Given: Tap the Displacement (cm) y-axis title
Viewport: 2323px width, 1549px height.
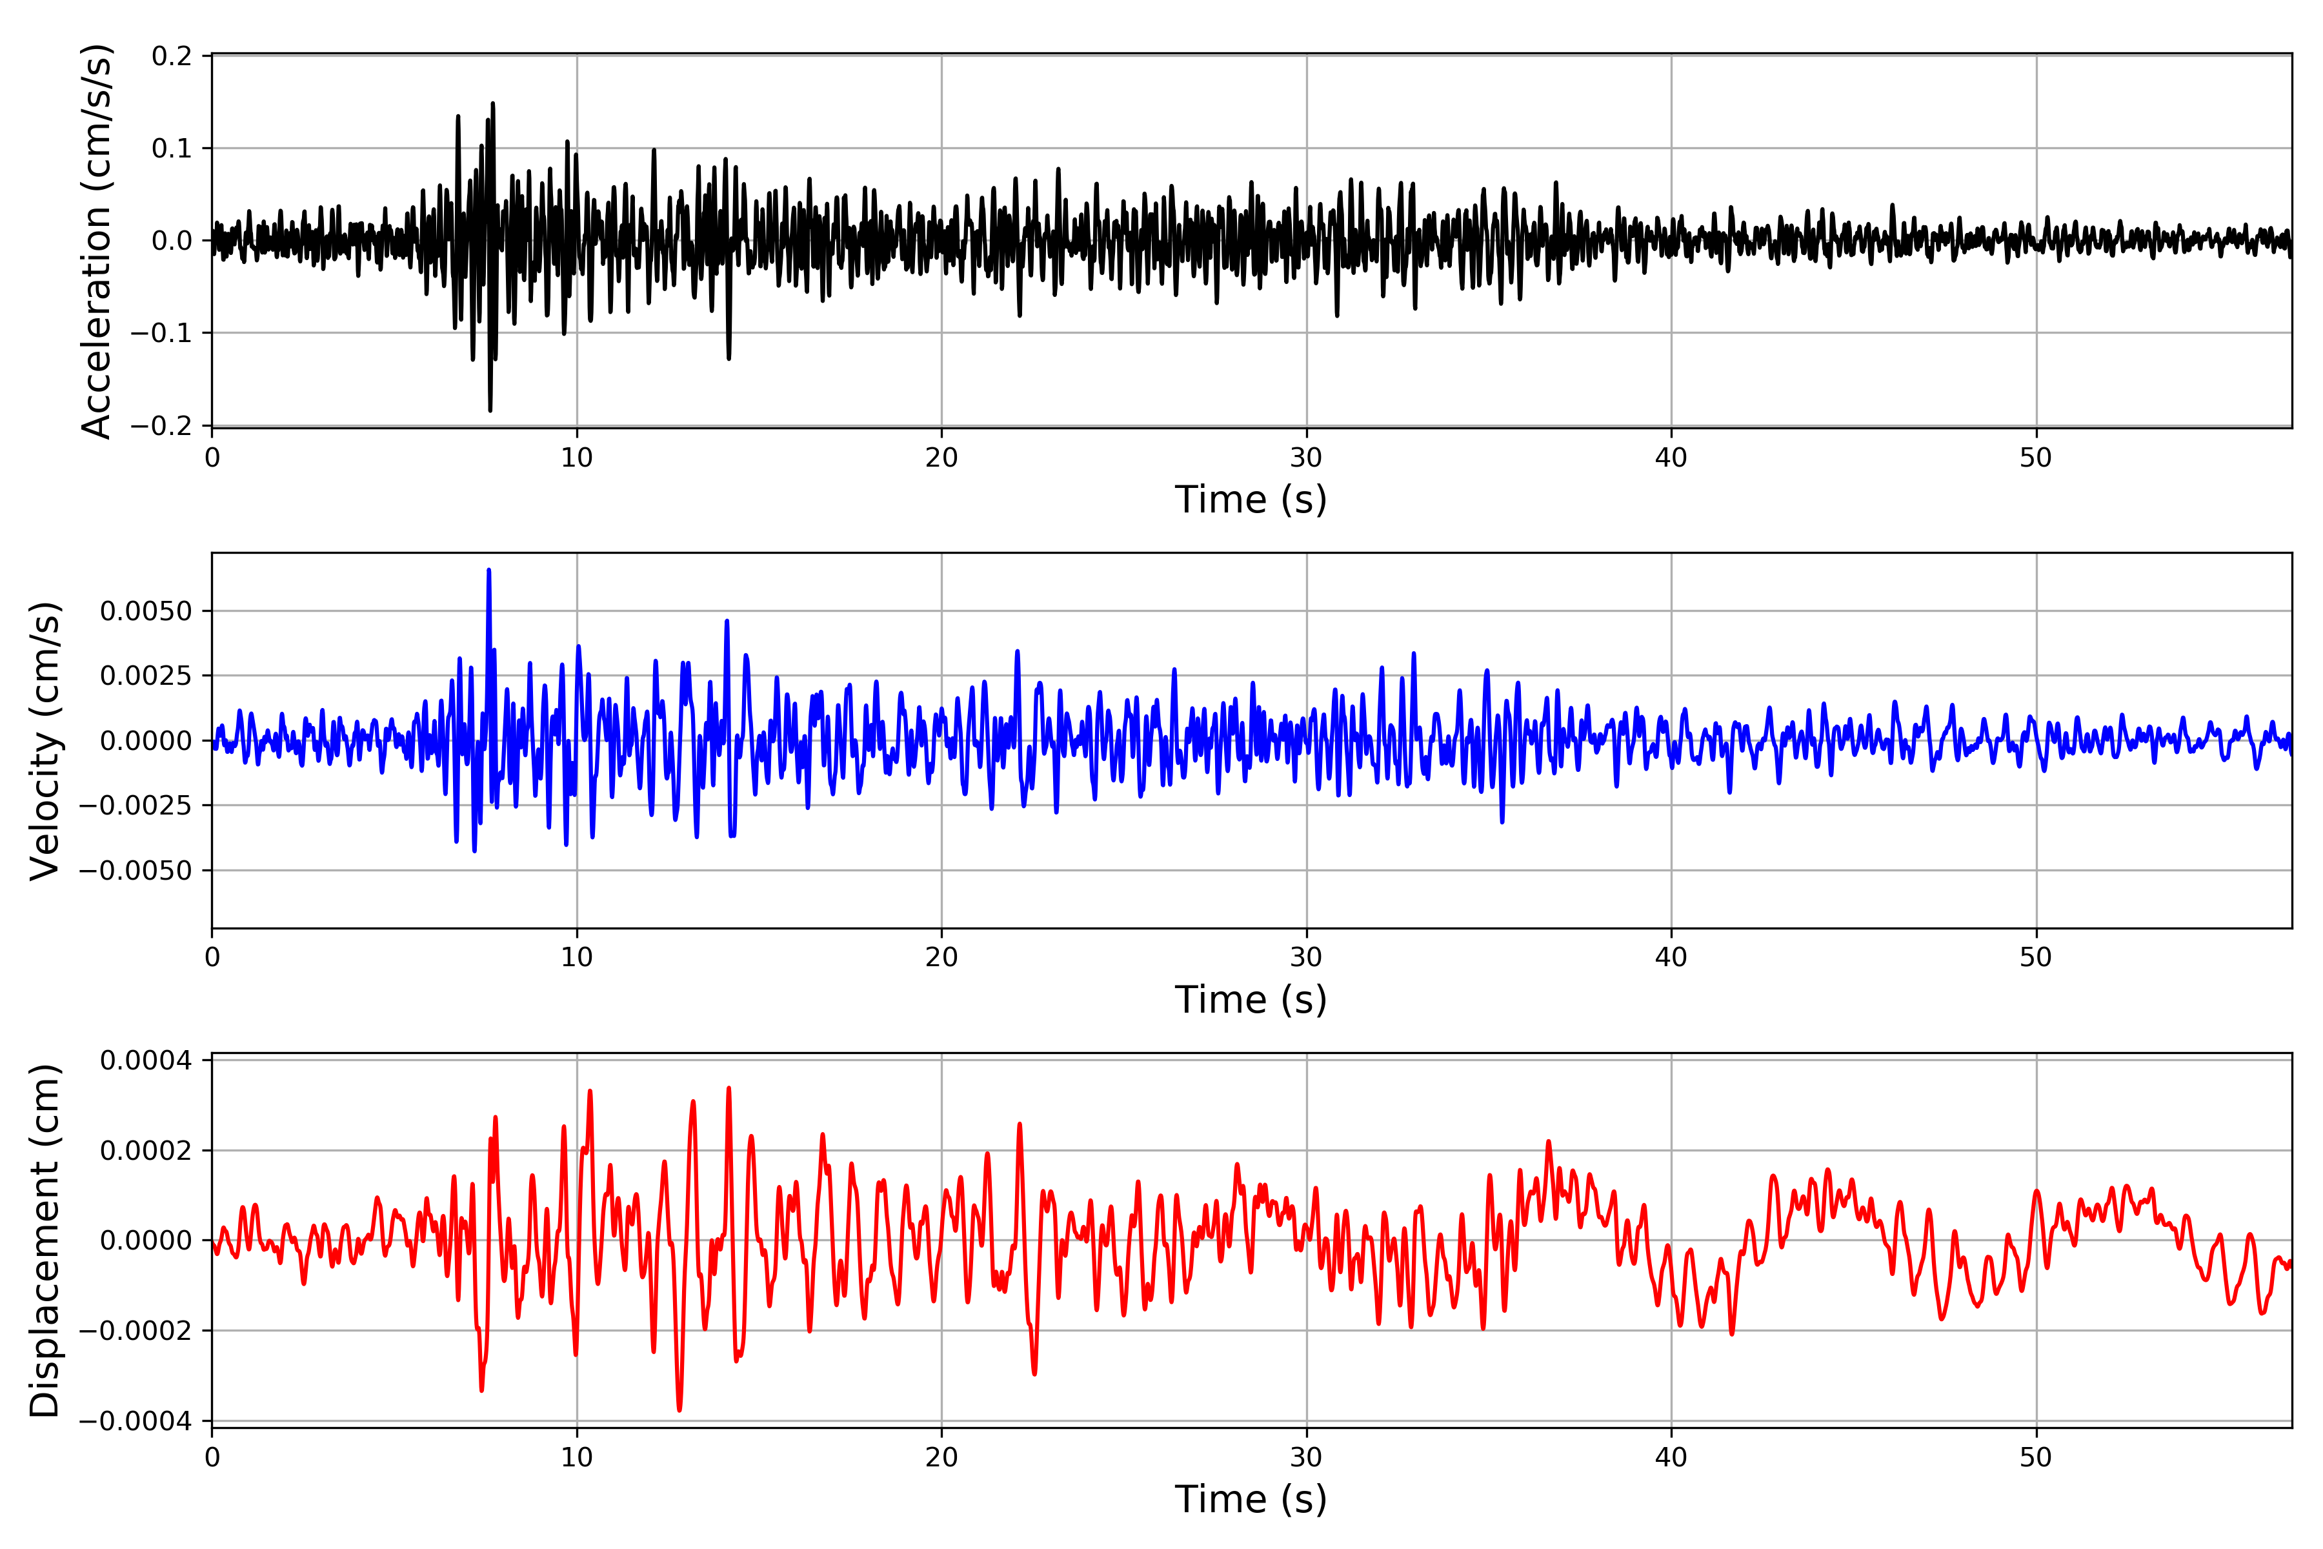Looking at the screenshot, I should (45, 1240).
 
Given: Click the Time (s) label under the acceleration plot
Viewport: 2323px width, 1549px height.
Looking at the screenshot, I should (1251, 500).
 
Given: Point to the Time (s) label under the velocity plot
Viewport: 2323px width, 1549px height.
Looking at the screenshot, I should (1251, 1000).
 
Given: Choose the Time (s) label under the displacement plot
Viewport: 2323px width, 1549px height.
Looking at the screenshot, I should (1251, 1499).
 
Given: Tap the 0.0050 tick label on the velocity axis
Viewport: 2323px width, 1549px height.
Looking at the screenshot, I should (146, 611).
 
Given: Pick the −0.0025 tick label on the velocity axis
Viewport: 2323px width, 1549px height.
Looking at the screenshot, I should (136, 805).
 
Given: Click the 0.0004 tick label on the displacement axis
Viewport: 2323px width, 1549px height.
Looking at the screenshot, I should (146, 1061).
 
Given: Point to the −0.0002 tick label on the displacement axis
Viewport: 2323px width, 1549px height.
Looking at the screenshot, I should (136, 1331).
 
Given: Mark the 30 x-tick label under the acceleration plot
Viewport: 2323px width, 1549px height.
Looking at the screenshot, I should (1305, 458).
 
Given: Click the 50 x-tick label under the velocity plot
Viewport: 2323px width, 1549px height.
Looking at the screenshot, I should (2036, 957).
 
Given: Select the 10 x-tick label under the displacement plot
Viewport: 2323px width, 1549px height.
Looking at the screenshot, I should (577, 1457).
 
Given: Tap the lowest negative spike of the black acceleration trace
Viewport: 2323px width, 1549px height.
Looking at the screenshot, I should (490, 410).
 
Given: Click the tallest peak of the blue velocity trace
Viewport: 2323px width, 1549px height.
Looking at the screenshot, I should (489, 570).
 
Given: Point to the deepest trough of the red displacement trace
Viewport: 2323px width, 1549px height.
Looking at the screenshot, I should (679, 1410).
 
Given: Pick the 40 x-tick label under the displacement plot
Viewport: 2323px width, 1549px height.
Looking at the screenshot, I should (1671, 1457).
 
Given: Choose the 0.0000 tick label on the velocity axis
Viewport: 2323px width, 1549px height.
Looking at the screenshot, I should (146, 741).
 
